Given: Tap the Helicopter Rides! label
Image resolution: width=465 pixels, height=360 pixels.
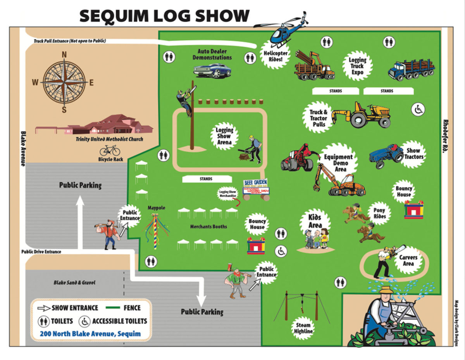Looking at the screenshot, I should (x=276, y=56).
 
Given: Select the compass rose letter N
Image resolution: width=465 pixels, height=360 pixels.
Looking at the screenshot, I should (x=64, y=55).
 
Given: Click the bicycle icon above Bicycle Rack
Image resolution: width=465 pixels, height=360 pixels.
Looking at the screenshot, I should (x=110, y=150).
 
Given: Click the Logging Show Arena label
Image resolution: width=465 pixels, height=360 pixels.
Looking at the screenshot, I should (x=224, y=136).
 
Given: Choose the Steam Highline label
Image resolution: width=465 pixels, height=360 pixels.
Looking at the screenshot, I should (x=302, y=329).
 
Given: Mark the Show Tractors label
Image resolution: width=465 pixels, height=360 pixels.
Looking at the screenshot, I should (x=413, y=154).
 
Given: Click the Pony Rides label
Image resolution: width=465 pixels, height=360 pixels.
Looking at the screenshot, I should (x=380, y=213).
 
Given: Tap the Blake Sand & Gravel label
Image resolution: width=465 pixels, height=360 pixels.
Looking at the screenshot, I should (x=74, y=283).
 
